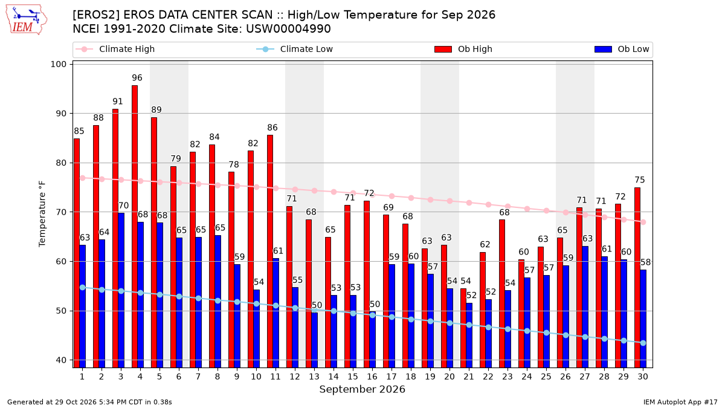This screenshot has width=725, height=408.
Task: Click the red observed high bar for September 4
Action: pyautogui.click(x=135, y=226)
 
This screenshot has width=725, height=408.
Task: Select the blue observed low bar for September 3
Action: pyautogui.click(x=121, y=290)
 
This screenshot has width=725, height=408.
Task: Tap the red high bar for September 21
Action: pyautogui.click(x=463, y=328)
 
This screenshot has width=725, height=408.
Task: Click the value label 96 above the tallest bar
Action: pyautogui.click(x=137, y=78)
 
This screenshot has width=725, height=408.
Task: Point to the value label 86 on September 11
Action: pyautogui.click(x=272, y=128)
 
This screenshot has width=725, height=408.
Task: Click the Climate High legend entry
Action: pyautogui.click(x=115, y=49)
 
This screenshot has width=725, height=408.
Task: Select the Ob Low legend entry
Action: pyautogui.click(x=622, y=49)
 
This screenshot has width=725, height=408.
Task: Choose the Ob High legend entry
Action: pyautogui.click(x=463, y=49)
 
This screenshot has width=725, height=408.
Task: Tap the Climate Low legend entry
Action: pyautogui.click(x=295, y=49)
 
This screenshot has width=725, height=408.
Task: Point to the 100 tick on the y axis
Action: pyautogui.click(x=58, y=64)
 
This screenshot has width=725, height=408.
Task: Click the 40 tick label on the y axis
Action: pyautogui.click(x=61, y=360)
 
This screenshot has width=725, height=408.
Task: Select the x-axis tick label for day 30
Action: pyautogui.click(x=643, y=377)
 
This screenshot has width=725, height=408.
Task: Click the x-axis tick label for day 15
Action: pyautogui.click(x=353, y=377)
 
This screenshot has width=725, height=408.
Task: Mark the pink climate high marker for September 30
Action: pyautogui.click(x=643, y=222)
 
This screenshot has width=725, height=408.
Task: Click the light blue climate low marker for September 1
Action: pyautogui.click(x=83, y=288)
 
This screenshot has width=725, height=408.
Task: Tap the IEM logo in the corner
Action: pyautogui.click(x=26, y=20)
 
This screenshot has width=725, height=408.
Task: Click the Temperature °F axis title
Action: pyautogui.click(x=42, y=214)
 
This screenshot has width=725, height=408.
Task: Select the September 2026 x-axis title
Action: pyautogui.click(x=362, y=389)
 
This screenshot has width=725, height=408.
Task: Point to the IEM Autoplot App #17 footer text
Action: pyautogui.click(x=680, y=402)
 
